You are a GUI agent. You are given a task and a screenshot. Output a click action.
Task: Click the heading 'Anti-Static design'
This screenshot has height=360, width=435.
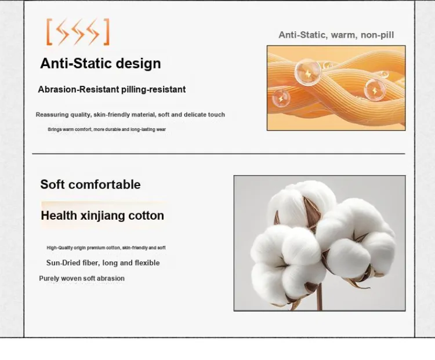(100, 63)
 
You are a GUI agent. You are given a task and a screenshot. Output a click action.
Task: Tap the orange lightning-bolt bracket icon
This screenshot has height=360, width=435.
(78, 32)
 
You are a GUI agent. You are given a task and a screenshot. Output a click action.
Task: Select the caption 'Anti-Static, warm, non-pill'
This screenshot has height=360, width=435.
(336, 35)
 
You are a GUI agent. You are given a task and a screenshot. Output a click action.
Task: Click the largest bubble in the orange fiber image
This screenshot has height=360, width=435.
(307, 72)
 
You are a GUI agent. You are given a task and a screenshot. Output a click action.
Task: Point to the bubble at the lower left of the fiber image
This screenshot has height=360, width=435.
(281, 99)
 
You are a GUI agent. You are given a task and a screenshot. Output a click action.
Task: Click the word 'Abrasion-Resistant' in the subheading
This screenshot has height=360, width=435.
(78, 89)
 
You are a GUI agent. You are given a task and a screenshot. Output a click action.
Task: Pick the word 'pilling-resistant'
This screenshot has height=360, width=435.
(154, 90)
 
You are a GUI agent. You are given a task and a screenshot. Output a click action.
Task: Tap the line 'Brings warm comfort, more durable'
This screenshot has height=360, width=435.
(107, 129)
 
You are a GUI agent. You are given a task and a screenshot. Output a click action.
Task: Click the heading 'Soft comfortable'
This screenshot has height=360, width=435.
(90, 184)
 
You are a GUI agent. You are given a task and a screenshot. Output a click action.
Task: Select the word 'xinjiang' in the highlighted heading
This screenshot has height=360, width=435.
(102, 216)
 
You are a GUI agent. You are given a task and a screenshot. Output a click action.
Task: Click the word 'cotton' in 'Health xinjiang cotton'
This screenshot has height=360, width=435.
(146, 216)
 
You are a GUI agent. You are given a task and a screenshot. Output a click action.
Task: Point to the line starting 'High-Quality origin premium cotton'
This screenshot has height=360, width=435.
(106, 248)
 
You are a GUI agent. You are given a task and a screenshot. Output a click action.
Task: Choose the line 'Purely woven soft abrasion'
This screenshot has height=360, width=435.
(82, 278)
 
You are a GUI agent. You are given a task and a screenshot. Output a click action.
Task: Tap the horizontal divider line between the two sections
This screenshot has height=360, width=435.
(219, 154)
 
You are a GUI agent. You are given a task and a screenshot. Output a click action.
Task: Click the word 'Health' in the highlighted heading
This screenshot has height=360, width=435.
(59, 216)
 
